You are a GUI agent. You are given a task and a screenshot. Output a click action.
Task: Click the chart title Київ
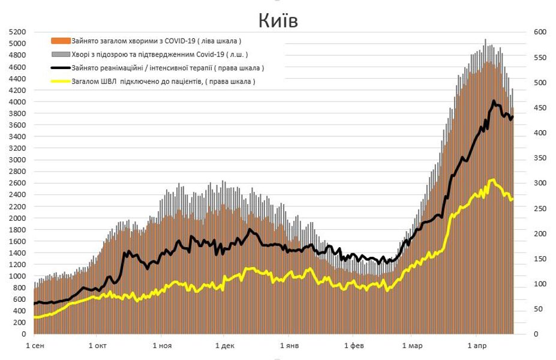tap(278, 20)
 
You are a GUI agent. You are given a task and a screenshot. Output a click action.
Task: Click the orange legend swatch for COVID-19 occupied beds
tap(61, 41)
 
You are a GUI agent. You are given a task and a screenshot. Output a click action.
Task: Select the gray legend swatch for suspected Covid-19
tap(61, 54)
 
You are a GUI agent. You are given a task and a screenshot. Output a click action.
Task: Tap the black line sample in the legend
tap(61, 68)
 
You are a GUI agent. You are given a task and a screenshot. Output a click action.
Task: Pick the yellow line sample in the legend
tap(61, 81)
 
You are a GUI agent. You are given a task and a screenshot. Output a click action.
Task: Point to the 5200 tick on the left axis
tap(18, 32)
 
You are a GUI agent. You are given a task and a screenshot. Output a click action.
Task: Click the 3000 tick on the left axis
tap(18, 160)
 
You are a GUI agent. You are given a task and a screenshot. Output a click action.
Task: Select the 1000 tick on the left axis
tap(18, 276)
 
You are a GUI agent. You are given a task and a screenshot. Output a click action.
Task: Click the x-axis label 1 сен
tap(34, 346)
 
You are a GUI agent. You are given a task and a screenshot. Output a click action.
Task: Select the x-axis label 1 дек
tap(224, 346)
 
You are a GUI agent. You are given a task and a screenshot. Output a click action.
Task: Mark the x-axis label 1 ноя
tap(162, 346)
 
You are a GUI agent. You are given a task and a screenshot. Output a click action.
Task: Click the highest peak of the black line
tap(494, 101)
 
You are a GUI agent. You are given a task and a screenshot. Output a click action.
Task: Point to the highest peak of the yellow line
tap(492, 179)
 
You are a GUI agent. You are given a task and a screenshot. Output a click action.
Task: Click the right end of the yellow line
tap(513, 199)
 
